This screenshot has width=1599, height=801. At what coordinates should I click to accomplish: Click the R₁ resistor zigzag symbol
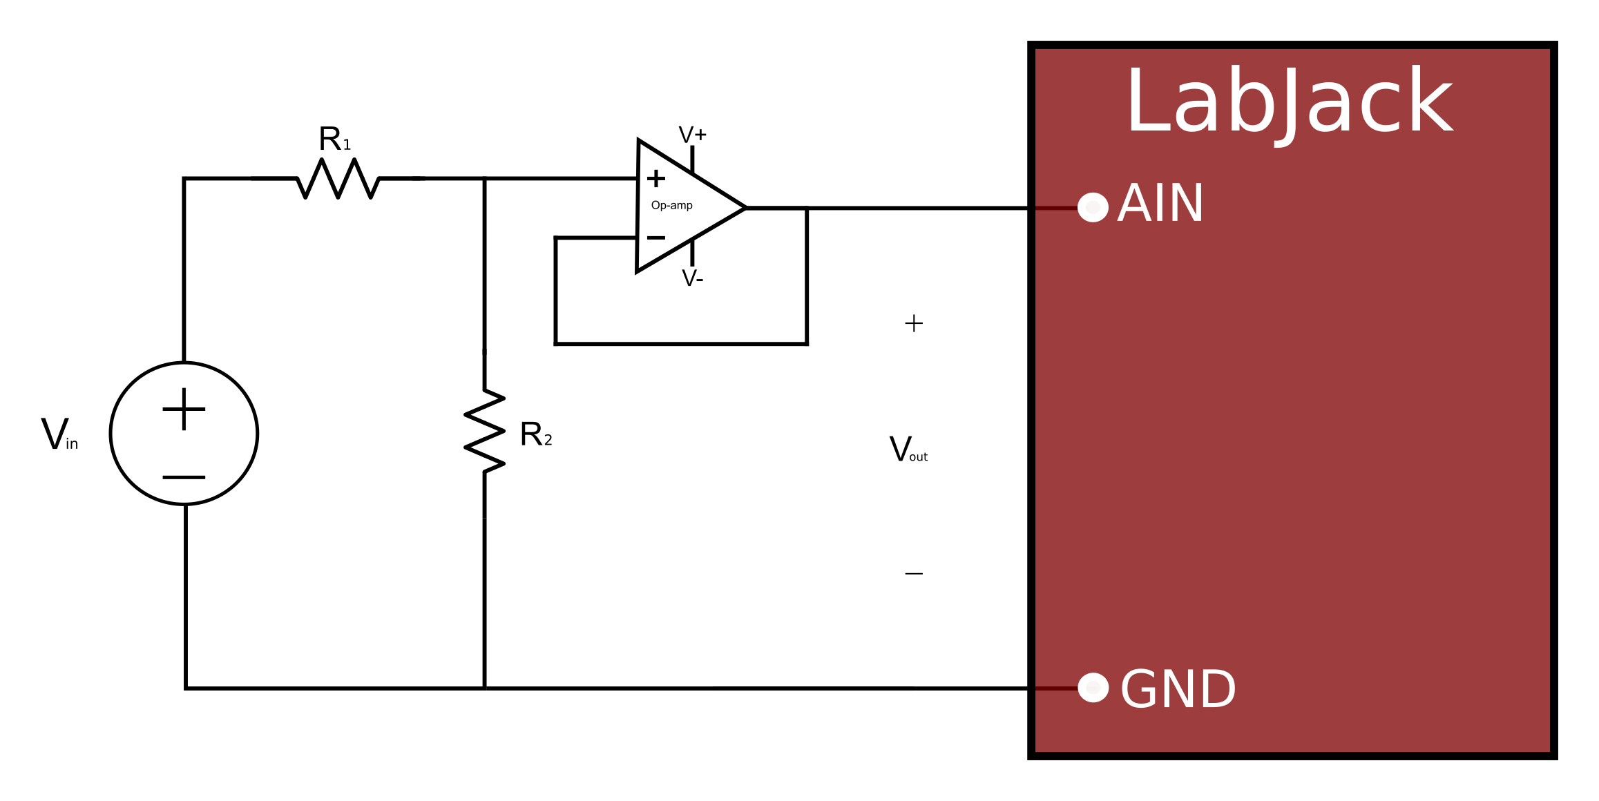(x=338, y=179)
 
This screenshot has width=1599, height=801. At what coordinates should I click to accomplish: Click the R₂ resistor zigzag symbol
(x=485, y=432)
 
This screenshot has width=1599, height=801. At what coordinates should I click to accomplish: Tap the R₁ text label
(x=334, y=139)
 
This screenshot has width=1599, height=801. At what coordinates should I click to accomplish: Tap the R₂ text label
(x=535, y=435)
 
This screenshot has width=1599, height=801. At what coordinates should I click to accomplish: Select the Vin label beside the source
(x=59, y=435)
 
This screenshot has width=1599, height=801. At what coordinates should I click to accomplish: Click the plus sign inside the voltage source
(x=184, y=409)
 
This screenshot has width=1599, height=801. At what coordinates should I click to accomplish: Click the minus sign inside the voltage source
(x=184, y=477)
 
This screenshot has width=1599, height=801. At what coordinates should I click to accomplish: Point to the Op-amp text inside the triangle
(x=671, y=205)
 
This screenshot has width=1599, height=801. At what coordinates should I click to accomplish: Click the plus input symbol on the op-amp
(x=655, y=179)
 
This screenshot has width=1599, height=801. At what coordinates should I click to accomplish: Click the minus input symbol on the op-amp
(x=655, y=238)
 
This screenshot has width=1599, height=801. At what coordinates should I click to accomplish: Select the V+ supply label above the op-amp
(x=692, y=135)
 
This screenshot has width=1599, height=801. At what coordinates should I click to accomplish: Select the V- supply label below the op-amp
(x=692, y=278)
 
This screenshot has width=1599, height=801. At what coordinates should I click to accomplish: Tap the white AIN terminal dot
(x=1093, y=207)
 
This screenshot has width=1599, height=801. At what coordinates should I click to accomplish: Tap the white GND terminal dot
(x=1093, y=688)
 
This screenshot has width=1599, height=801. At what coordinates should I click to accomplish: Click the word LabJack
(x=1289, y=102)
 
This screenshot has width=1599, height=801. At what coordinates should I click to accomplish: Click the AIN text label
(x=1160, y=204)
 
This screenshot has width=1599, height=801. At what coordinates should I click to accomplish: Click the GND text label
(x=1178, y=689)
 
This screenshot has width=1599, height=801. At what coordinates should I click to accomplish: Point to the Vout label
(x=908, y=450)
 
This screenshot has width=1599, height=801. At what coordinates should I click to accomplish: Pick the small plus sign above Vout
(x=914, y=323)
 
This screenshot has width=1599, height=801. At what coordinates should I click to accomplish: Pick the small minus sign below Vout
(x=914, y=573)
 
